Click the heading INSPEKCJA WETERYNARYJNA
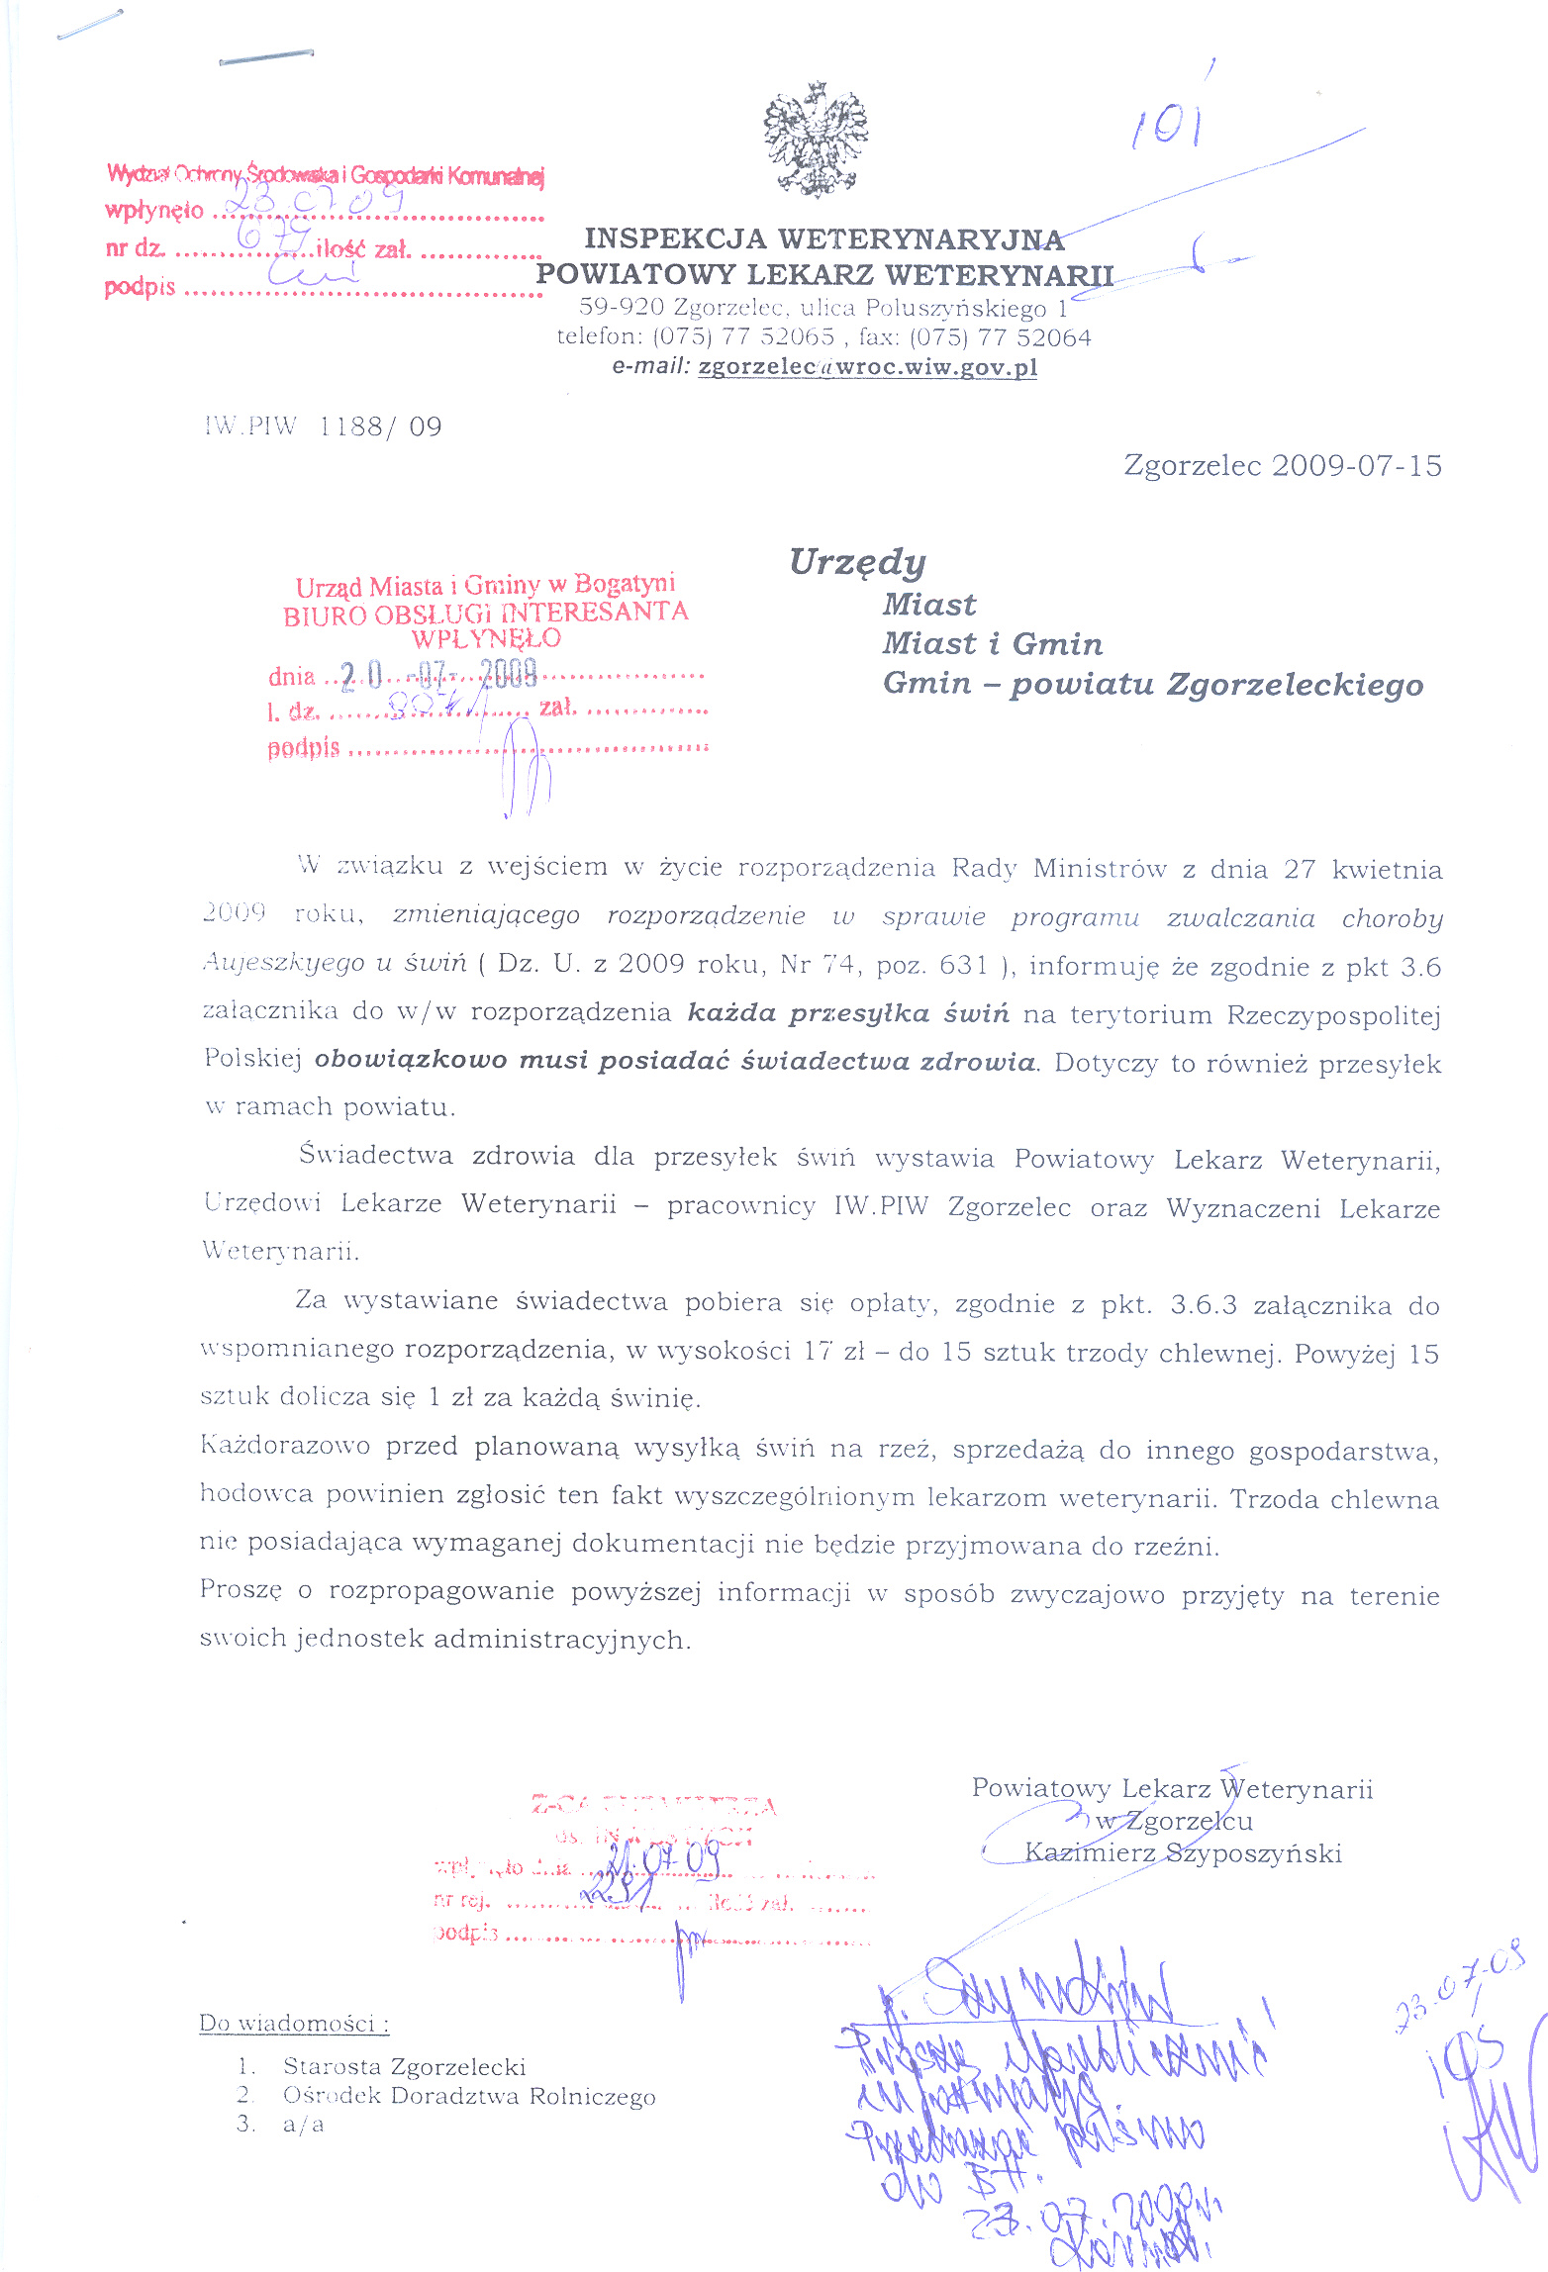(x=823, y=239)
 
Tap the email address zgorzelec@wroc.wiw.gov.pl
(x=867, y=367)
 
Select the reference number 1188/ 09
(x=381, y=426)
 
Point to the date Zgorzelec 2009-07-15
(x=1283, y=465)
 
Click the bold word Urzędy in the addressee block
(x=857, y=562)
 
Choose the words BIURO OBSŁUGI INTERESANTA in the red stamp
(x=485, y=613)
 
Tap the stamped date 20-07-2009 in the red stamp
(x=438, y=675)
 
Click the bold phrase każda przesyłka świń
(x=848, y=1013)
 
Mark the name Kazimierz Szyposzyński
(x=1184, y=1853)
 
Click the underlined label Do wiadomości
(x=294, y=2023)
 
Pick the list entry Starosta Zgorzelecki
(x=404, y=2066)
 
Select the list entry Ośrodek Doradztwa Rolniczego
(x=469, y=2096)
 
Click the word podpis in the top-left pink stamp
(x=140, y=288)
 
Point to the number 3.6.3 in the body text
(x=1204, y=1304)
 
